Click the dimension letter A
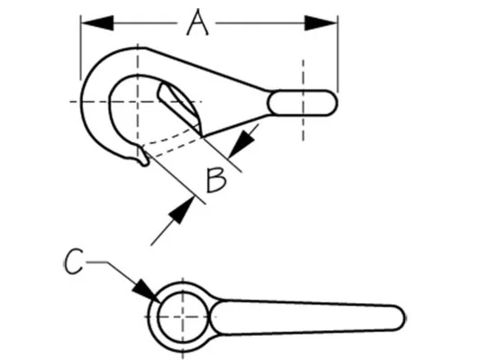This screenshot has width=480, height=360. pos(197,22)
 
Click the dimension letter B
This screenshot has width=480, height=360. pos(216,181)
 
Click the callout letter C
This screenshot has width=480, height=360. pos(74,262)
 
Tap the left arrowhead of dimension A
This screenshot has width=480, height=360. pos(97,22)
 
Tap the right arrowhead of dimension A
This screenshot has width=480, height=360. pos(321,22)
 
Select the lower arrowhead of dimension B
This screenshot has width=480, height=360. pos(182,211)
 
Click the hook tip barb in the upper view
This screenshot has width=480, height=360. pos(143,157)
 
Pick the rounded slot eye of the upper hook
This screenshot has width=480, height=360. pos(302,103)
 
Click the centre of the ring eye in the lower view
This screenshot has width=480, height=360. pos(183,317)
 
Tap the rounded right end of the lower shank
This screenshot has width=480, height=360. pos(398,318)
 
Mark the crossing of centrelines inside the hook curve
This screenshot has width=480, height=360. pos(138,101)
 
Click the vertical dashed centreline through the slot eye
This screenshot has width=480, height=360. pos(303,100)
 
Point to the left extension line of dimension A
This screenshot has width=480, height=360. pos(80,48)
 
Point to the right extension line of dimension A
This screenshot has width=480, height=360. pos(338,53)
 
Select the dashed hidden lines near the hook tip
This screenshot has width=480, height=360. pos(171,143)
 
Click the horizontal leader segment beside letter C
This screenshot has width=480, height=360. pos(96,262)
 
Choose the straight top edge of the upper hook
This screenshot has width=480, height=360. pos(206,69)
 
